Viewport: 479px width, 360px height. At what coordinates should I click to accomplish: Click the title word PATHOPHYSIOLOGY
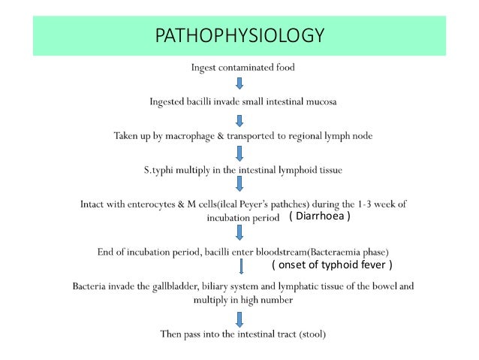(239, 35)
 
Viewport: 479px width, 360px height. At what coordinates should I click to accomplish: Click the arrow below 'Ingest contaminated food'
(239, 83)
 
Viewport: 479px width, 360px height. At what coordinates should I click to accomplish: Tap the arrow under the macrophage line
(239, 153)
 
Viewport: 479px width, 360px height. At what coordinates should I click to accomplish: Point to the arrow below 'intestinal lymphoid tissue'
(239, 185)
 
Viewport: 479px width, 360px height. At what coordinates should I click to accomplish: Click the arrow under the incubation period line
(239, 234)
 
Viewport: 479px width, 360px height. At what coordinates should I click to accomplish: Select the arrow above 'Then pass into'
(239, 316)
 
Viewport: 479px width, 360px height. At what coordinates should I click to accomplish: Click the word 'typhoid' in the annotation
(342, 265)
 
